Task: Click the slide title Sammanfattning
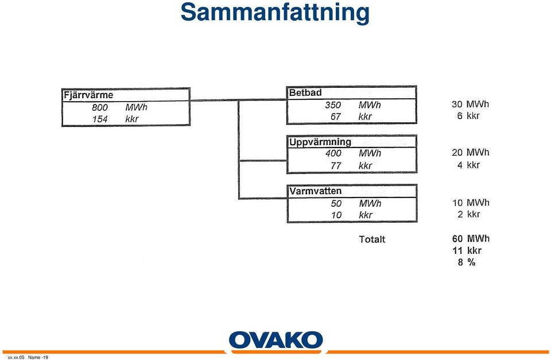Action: coord(275,13)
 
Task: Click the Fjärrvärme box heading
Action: coord(88,95)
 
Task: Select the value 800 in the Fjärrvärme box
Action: coord(100,107)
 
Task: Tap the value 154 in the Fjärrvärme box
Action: coord(100,119)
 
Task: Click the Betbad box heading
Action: coord(305,93)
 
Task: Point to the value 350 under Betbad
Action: coord(333,105)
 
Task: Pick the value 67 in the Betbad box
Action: coord(336,117)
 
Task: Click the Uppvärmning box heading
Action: coord(320,142)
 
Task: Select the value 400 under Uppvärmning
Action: coord(333,153)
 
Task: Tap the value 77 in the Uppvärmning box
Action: coord(336,165)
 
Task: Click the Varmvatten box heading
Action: coord(315,191)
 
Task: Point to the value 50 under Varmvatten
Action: coord(336,204)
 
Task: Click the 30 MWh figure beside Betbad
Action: coord(470,104)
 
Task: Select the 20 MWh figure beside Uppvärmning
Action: coord(471,153)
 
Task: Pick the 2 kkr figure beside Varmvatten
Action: coord(469,215)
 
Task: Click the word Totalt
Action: coord(372,239)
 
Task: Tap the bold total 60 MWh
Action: coord(471,239)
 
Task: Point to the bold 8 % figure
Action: coord(467,262)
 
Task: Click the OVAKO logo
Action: coord(276,341)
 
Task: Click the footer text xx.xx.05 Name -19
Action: coord(28,358)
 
